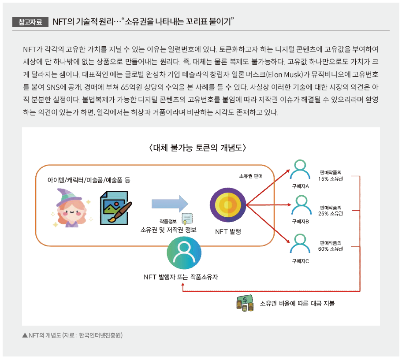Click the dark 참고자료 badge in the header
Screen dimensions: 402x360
(30, 22)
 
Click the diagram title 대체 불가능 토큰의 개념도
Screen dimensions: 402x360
(197, 148)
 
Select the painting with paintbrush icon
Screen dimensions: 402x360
(116, 208)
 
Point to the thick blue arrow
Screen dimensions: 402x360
(170, 204)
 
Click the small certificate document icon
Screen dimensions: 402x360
(187, 219)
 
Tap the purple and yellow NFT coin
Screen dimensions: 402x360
(227, 205)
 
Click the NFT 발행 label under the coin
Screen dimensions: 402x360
(228, 232)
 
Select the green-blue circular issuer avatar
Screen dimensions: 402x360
(184, 252)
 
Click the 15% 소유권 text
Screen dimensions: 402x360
(331, 179)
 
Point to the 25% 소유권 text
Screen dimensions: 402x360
(331, 214)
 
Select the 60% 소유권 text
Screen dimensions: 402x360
(331, 249)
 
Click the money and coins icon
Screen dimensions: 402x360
(245, 303)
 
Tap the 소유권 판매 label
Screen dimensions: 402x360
(251, 176)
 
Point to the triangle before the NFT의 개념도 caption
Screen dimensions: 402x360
(25, 335)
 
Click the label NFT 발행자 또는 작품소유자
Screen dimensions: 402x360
(181, 277)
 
